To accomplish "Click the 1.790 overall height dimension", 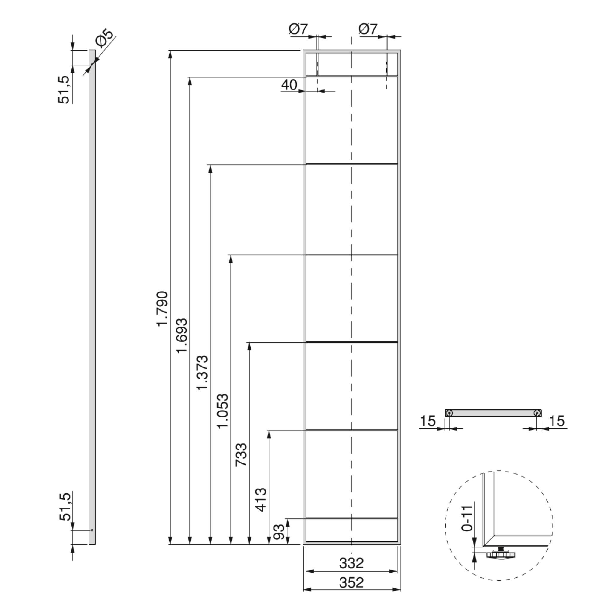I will pos(162,308).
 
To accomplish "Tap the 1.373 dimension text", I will pos(203,373).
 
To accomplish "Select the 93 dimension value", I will pos(280,532).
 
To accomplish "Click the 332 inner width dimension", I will pos(351,563).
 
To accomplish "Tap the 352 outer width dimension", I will pos(351,582).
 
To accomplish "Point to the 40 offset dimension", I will pos(289,85).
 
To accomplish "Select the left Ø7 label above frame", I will pos(298,29).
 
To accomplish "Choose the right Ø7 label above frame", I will pos(368,29).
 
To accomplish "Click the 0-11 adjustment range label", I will pos(467,518).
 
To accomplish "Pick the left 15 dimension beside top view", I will pos(428,421).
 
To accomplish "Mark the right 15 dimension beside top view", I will pos(556,421).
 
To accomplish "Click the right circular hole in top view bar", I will pos(537,413).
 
